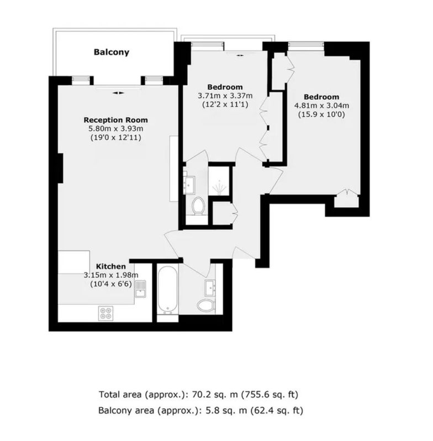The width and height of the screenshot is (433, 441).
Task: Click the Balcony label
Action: coord(111,52)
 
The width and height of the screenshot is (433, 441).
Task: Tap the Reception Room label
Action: coord(115,120)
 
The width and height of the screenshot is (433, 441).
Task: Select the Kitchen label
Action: coord(111,266)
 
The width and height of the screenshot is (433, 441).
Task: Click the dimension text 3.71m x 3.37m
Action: coord(225,96)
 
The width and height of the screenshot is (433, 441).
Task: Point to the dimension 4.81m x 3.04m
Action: coord(321,106)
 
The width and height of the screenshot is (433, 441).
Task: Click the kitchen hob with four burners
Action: coord(106,313)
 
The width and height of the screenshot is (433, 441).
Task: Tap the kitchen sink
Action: coord(140,289)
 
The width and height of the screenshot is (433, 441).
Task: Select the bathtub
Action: coord(167,291)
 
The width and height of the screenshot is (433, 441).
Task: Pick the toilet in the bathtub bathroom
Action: coord(206,305)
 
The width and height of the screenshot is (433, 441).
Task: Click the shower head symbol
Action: coord(219,187)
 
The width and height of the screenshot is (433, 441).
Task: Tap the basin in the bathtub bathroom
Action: coord(210,288)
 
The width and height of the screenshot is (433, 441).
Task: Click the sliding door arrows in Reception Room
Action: coord(118,93)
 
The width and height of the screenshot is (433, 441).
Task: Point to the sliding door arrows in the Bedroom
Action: coord(240,56)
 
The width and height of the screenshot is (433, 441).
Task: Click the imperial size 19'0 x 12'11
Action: coord(116,138)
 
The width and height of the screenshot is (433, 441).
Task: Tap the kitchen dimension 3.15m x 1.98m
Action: coord(111,275)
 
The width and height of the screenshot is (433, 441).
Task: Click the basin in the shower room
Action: coord(189,185)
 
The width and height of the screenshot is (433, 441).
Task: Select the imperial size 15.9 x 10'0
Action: coord(321,115)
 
